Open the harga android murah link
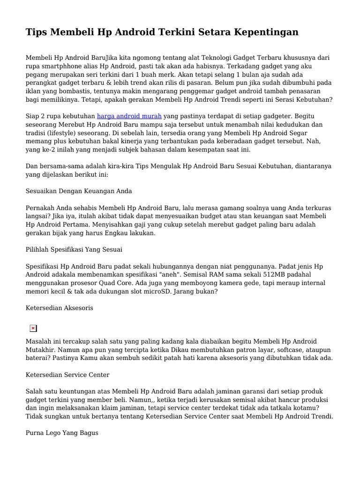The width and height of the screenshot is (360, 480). point(129,115)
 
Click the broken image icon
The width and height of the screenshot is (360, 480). point(33,328)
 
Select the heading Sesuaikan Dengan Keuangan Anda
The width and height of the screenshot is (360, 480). point(79,191)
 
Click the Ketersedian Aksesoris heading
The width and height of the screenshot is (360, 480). point(60,308)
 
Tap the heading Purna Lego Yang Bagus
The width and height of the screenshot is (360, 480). point(62,433)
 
